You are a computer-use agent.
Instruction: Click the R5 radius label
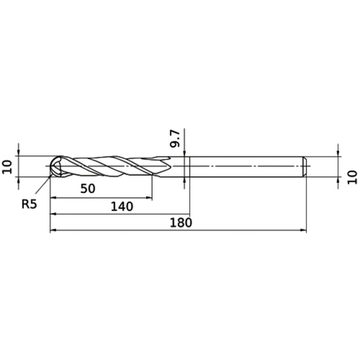tap(29, 204)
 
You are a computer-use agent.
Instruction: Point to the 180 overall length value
tap(180, 222)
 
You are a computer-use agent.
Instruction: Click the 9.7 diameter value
tap(175, 138)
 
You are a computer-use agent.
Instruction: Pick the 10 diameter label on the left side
tap(7, 166)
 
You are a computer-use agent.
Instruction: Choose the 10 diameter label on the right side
tap(351, 178)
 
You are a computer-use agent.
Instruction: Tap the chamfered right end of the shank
tap(305, 166)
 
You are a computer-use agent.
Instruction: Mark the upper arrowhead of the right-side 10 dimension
tap(338, 152)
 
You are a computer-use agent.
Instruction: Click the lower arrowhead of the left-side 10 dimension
tap(19, 181)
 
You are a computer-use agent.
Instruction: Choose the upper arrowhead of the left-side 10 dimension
tap(19, 152)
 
